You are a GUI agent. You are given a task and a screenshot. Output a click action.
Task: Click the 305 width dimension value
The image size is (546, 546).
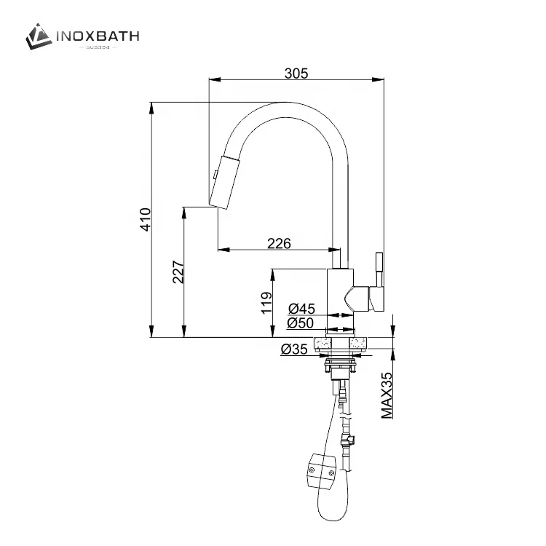296,73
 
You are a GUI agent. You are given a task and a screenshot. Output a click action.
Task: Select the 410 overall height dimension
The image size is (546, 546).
146,219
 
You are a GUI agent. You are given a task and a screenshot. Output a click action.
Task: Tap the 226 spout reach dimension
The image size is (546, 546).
279,244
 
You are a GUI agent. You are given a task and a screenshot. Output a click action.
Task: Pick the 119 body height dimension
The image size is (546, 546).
266,302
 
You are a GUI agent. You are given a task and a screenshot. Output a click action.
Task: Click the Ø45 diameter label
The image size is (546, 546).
300,308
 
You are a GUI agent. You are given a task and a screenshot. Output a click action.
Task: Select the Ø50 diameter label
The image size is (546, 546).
300,323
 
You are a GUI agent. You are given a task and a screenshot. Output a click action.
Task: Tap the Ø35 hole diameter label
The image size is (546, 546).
293,349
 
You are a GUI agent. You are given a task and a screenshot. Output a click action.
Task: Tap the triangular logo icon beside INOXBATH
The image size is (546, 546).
39,36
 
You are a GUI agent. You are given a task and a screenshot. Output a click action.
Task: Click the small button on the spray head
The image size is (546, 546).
215,174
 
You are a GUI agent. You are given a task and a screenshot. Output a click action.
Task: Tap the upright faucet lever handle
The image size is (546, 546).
379,269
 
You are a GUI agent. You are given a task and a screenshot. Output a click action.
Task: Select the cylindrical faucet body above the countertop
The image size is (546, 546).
339,298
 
